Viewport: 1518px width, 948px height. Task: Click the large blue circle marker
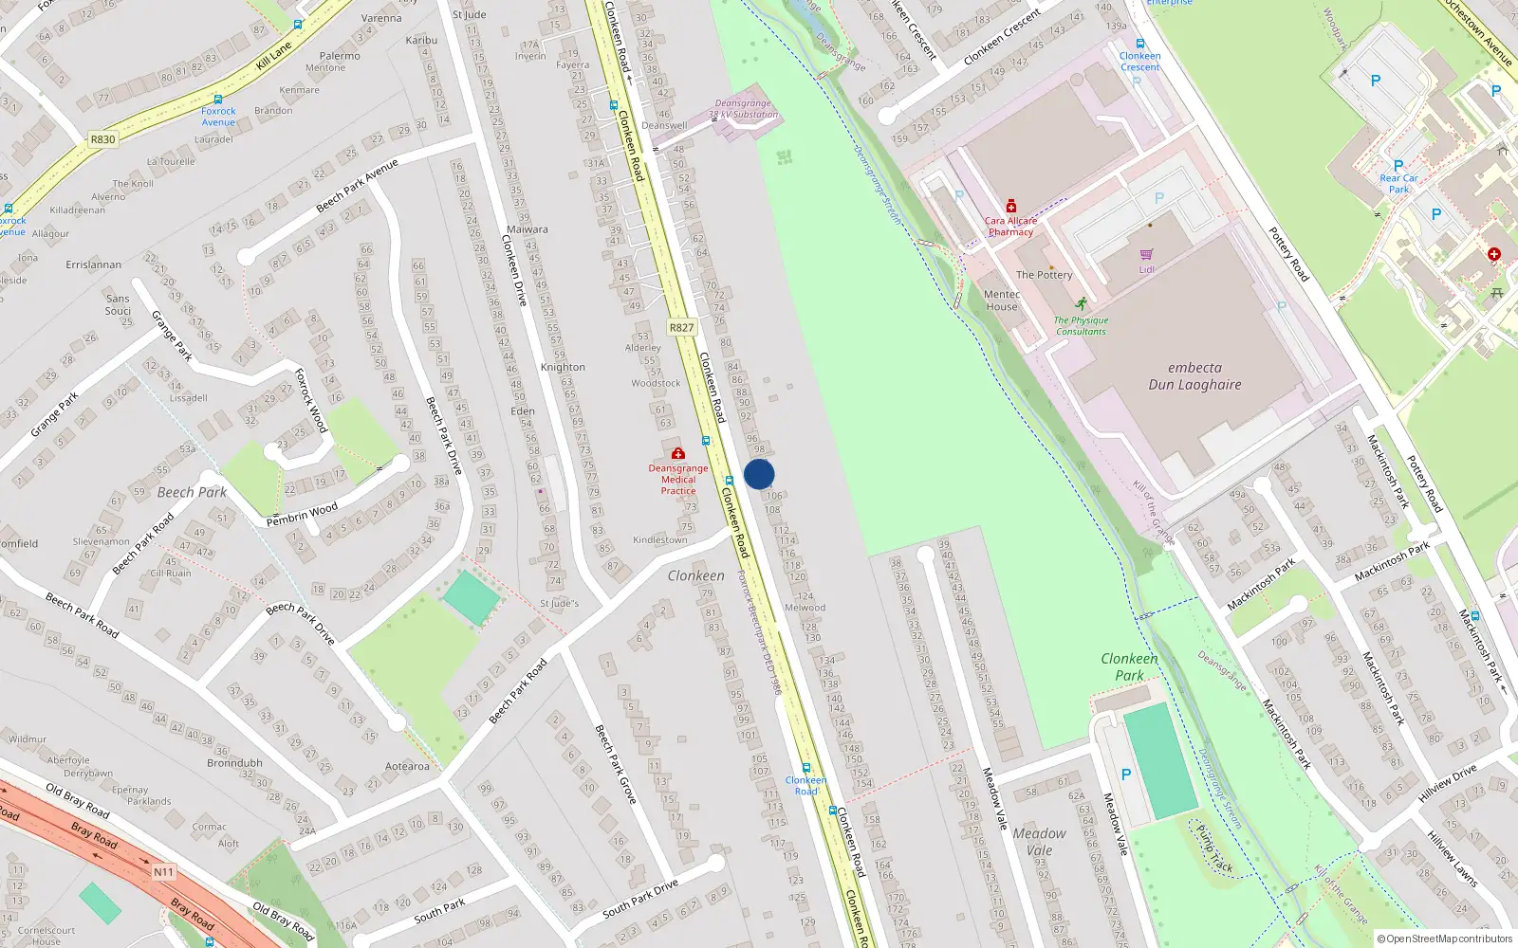759,474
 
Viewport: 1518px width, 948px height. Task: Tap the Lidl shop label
1146,269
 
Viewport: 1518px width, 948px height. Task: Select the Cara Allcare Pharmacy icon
1011,207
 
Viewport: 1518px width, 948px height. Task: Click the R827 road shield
681,328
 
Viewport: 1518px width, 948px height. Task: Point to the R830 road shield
102,139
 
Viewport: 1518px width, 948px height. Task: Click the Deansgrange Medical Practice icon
677,454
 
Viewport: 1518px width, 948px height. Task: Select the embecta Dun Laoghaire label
1194,376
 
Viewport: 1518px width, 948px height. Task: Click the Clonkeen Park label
1129,666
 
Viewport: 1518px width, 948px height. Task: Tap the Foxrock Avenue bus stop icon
218,100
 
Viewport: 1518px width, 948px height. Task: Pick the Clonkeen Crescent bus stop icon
1139,44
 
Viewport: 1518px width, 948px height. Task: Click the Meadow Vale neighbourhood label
1039,842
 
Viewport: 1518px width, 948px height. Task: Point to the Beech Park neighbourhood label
192,492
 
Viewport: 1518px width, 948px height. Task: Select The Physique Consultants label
1082,326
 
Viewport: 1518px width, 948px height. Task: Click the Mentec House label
1002,301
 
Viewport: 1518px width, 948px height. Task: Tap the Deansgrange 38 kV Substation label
743,109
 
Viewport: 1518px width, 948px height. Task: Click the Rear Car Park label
1398,183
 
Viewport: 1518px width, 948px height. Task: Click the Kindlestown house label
659,540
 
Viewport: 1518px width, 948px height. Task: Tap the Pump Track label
1214,848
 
